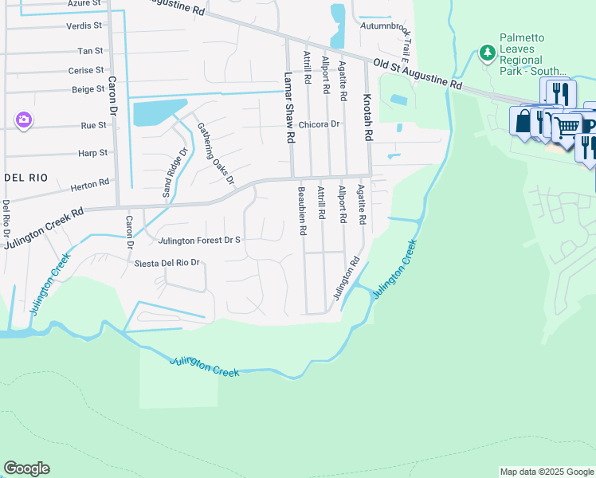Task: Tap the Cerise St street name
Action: point(87,71)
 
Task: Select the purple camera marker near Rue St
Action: point(24,119)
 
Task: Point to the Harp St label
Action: point(92,153)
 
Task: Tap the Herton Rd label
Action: point(89,184)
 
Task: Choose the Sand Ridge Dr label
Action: point(174,173)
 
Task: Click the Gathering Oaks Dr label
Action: point(216,152)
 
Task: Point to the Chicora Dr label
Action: point(320,124)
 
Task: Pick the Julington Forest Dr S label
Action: point(199,240)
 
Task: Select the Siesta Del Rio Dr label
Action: point(166,263)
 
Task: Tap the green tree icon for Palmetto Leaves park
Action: point(487,53)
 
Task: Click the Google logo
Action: point(26,468)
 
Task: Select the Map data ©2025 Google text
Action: point(547,472)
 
